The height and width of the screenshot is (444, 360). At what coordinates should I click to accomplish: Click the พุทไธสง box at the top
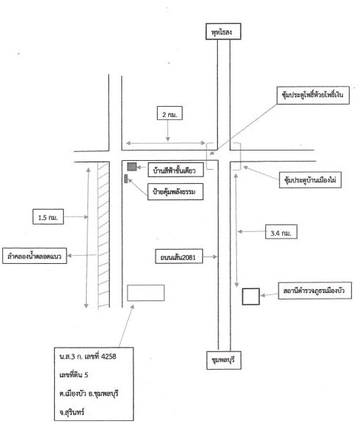pyautogui.click(x=223, y=31)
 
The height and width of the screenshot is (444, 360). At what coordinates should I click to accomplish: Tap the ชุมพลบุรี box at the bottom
pyautogui.click(x=224, y=360)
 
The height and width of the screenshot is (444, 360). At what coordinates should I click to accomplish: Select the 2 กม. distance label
pyautogui.click(x=170, y=113)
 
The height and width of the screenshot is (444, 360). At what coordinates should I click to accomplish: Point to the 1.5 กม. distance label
pyautogui.click(x=48, y=216)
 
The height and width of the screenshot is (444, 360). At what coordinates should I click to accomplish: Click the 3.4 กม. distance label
pyautogui.click(x=281, y=232)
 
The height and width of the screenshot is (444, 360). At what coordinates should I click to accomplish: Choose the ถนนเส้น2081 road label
pyautogui.click(x=179, y=256)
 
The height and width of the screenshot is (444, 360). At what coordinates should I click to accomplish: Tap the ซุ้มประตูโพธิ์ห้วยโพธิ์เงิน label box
pyautogui.click(x=313, y=95)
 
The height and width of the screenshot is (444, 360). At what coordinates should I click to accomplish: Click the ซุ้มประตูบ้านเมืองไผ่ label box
pyautogui.click(x=310, y=180)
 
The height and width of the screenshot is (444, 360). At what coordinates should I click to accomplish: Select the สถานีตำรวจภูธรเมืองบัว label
pyautogui.click(x=315, y=291)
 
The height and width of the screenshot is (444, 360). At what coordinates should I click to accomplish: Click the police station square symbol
pyautogui.click(x=251, y=296)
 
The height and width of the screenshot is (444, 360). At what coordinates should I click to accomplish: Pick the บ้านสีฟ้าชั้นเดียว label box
pyautogui.click(x=176, y=170)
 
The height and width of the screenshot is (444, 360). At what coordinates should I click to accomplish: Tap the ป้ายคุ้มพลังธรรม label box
pyautogui.click(x=176, y=192)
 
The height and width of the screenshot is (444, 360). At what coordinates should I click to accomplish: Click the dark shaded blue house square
pyautogui.click(x=132, y=167)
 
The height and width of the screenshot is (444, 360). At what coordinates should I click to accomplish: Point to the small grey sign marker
pyautogui.click(x=126, y=179)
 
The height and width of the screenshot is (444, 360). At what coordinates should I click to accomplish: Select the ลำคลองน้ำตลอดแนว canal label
pyautogui.click(x=35, y=256)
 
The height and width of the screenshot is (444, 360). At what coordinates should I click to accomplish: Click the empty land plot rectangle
pyautogui.click(x=146, y=293)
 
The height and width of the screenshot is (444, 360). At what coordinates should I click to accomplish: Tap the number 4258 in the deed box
pyautogui.click(x=109, y=357)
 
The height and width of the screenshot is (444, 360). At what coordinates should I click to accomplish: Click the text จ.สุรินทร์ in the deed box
pyautogui.click(x=72, y=412)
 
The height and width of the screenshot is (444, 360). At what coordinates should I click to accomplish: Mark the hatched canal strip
pyautogui.click(x=104, y=235)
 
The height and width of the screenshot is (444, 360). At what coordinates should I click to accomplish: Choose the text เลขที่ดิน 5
pyautogui.click(x=73, y=374)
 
